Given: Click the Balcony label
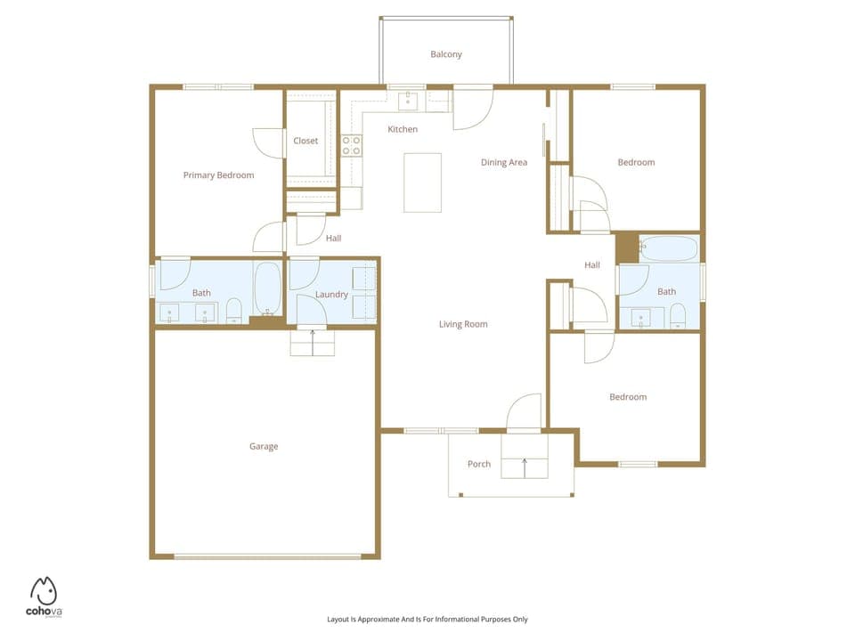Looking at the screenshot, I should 446,54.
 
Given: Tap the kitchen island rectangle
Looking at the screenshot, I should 422,183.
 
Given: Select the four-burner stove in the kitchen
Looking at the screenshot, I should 352,145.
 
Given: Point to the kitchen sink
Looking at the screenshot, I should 409,100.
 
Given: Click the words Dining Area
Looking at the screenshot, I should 504,162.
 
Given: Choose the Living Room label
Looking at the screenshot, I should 463,324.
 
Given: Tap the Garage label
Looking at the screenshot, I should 264,446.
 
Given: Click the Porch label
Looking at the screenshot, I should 479,464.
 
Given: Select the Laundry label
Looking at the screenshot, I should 331,295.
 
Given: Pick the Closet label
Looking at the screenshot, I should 305,141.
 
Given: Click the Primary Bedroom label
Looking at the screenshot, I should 218,175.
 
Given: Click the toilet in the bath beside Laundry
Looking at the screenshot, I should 234,311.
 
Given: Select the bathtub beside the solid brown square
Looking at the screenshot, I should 669,249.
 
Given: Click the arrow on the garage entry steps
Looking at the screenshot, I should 313,336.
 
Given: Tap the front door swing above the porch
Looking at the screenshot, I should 525,411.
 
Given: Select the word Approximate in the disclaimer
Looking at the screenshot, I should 379,619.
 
